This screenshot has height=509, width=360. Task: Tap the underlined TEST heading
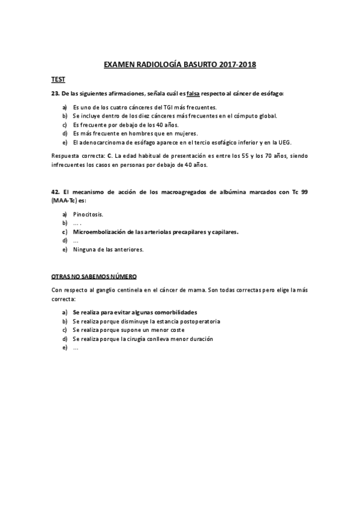(58, 79)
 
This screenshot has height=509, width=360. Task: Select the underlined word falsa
(193, 93)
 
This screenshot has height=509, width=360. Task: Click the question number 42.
(55, 191)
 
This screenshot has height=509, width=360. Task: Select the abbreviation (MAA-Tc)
(64, 200)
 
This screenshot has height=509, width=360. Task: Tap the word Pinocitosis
(88, 214)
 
